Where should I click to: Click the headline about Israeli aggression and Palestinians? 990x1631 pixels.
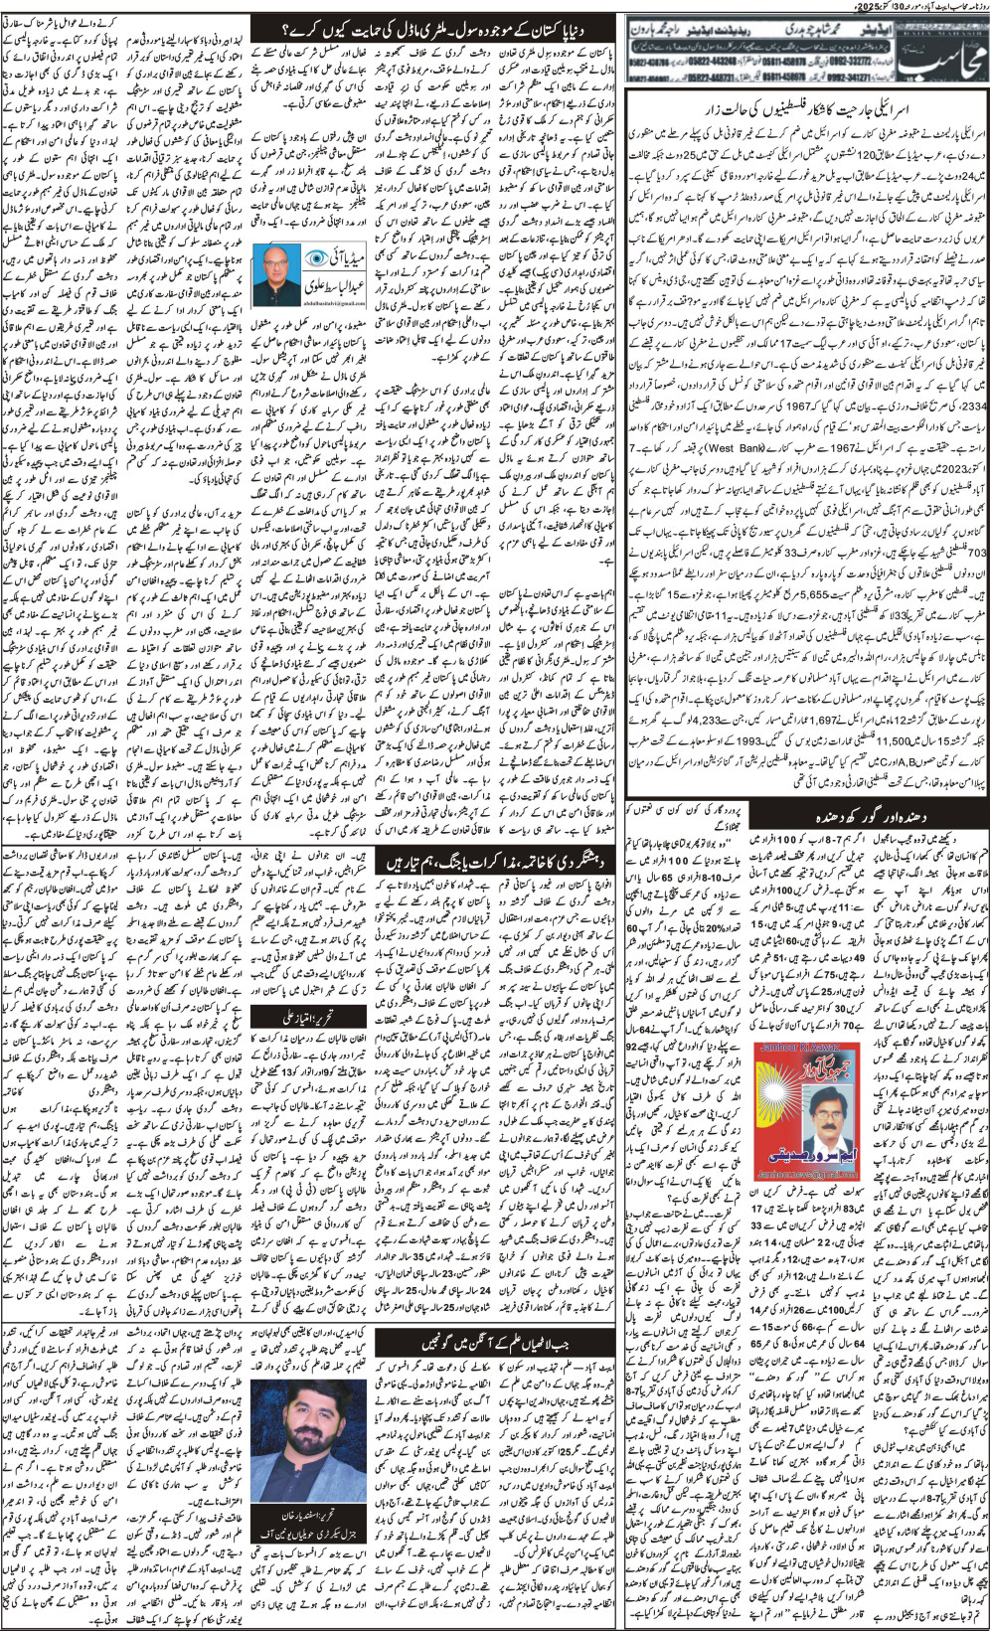(806, 108)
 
